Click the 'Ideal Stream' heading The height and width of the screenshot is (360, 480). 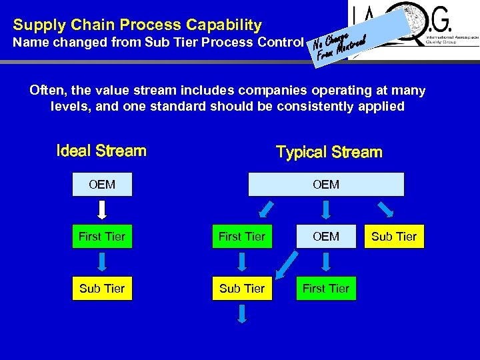point(101,151)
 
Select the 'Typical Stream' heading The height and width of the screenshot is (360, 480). point(329,152)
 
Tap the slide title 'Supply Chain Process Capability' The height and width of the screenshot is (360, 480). point(137,25)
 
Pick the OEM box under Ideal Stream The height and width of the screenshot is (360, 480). point(102,185)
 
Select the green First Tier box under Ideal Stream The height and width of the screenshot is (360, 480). point(102,237)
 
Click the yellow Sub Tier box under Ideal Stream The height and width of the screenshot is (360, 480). point(102,289)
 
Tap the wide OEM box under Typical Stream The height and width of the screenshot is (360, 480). point(326,185)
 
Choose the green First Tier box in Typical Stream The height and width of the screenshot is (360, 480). point(242,237)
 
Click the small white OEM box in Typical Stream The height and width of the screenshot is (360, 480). point(326,237)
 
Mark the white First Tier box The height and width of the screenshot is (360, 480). point(326,289)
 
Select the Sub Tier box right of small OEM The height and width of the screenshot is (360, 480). point(394,237)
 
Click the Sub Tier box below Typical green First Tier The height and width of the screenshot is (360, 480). point(242,289)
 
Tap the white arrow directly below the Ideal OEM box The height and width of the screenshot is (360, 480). point(102,210)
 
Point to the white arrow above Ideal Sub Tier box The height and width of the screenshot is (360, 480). point(102,263)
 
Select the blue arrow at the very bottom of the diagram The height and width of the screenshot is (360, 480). point(242,315)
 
